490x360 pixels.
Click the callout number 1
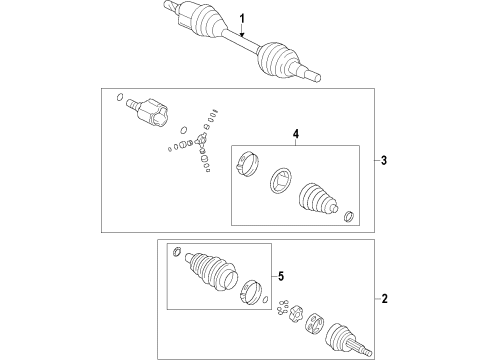[242, 18]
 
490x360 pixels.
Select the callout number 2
[385, 299]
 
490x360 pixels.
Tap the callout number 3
[384, 161]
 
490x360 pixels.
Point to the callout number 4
[296, 134]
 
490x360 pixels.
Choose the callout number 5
[281, 276]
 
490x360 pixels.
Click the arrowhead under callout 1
[242, 34]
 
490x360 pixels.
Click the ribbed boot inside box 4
[318, 197]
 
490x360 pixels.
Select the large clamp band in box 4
[248, 164]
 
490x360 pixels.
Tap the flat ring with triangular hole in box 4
[281, 181]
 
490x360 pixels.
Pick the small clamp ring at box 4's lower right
[349, 216]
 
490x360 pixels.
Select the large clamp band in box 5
[251, 292]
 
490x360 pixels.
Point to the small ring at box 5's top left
[177, 251]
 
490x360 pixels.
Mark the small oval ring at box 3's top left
[120, 97]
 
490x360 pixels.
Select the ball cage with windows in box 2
[314, 323]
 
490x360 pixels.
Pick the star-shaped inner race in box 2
[295, 313]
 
